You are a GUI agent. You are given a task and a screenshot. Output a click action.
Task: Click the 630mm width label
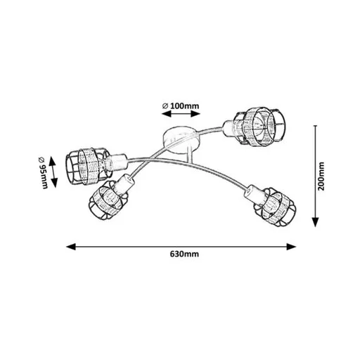184,254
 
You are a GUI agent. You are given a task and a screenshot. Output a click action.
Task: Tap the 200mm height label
321,176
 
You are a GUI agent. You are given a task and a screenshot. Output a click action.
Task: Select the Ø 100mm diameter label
181,106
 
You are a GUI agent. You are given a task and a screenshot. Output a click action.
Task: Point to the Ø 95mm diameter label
43,172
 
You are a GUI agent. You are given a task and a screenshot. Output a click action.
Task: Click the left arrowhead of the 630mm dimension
71,247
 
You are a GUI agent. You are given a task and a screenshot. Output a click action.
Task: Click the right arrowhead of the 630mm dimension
291,247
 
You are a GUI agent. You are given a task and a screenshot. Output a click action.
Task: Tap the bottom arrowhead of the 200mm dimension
316,222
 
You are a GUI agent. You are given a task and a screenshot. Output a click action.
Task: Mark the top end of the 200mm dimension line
316,126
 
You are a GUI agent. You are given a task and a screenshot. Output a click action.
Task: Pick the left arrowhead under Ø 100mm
166,114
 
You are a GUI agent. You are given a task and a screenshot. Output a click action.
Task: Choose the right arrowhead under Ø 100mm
195,114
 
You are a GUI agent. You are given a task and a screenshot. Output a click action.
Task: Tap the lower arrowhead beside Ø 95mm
54,183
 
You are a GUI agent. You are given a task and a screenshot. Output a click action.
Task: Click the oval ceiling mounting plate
181,141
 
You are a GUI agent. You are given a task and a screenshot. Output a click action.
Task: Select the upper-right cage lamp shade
261,127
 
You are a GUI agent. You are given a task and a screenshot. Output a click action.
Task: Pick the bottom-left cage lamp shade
108,200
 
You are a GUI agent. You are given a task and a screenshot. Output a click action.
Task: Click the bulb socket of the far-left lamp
116,162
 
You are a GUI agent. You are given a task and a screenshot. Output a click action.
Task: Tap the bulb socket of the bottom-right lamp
255,193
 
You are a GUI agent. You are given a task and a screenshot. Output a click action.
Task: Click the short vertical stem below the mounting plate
190,155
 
